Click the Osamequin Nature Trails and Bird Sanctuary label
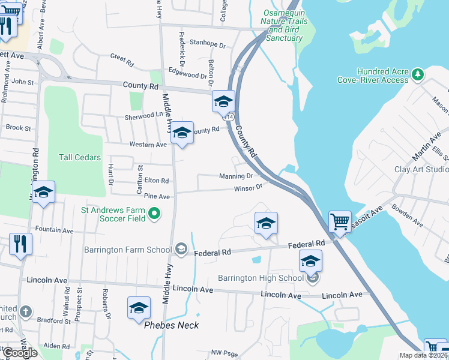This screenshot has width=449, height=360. pyautogui.click(x=285, y=25)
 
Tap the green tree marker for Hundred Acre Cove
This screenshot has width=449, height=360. pyautogui.click(x=418, y=75)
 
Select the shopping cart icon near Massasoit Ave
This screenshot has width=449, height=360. pyautogui.click(x=340, y=221)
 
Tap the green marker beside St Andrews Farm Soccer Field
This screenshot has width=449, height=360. pyautogui.click(x=154, y=213)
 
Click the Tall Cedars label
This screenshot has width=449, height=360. pyautogui.click(x=79, y=157)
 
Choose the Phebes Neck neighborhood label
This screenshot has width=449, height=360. pyautogui.click(x=172, y=325)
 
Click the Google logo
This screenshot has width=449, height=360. pyautogui.click(x=20, y=353)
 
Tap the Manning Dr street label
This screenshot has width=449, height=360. pyautogui.click(x=236, y=176)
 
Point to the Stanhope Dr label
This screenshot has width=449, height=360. pyautogui.click(x=207, y=44)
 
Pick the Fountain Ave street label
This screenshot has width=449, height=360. pyautogui.click(x=54, y=230)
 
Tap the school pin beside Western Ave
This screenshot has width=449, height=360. pyautogui.click(x=182, y=133)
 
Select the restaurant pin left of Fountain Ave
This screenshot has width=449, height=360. pyautogui.click(x=20, y=244)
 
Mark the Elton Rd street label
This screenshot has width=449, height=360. pyautogui.click(x=157, y=180)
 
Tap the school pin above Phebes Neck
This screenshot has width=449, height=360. pyautogui.click(x=139, y=308)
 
